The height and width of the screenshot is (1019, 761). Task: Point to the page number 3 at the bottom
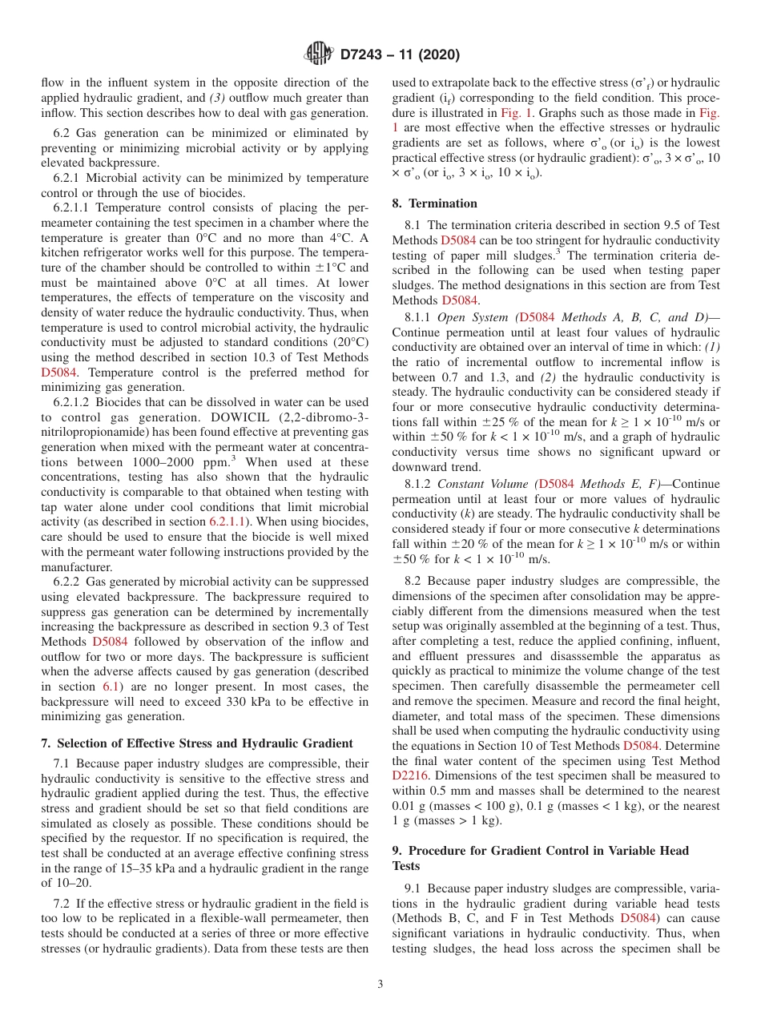pyautogui.click(x=380, y=984)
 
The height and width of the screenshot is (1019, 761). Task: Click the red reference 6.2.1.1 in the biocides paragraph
pyautogui.click(x=227, y=522)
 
